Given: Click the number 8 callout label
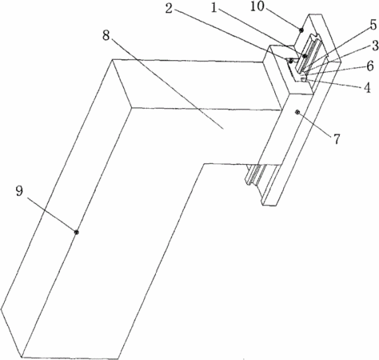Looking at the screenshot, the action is pos(106,35).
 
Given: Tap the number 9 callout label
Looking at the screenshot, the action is pos(19,191).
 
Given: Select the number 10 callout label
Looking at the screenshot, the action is pos(257,6).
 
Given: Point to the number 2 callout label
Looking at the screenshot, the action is pos(169,8).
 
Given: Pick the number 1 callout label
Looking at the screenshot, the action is pos(213,8).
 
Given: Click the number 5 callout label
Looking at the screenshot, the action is pos(373,25).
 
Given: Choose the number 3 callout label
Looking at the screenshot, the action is pos(375,46).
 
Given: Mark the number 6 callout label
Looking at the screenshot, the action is pos(370,66).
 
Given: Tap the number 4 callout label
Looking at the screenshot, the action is pos(368,87).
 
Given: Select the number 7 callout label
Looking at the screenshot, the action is pos(337,138).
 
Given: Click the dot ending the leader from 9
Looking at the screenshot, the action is pos(77,232).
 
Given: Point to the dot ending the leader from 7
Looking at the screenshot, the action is pos(297,113).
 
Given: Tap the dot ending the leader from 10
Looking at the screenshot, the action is pos(301,30).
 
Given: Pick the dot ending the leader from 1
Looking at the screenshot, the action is pos(305,56).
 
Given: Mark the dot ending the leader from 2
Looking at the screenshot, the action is pos(291,61).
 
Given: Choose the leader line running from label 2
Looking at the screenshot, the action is pos(233,36).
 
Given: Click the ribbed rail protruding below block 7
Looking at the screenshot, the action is pos(263,174).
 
